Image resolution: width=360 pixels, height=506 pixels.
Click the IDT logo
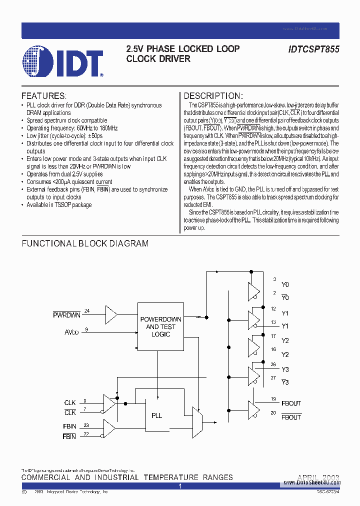click(62, 61)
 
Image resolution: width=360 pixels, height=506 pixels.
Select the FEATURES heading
click(43, 96)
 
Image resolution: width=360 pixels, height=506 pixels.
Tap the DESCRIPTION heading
click(213, 96)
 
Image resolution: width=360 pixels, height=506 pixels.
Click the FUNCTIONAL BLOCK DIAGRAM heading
click(85, 243)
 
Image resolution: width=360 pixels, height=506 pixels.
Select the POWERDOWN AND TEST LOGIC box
click(160, 326)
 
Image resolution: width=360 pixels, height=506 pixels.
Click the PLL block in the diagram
click(156, 415)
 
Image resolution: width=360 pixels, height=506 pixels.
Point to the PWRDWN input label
click(66, 315)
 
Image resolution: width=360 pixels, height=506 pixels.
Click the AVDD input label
click(71, 332)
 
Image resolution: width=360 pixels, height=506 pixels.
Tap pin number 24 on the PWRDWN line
click(86, 311)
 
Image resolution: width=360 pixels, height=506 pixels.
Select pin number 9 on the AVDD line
click(86, 329)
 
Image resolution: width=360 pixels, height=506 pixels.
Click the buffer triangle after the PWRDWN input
click(111, 314)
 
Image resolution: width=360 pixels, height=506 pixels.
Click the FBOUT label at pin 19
click(291, 403)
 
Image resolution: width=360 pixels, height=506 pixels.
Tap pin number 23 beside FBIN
click(86, 425)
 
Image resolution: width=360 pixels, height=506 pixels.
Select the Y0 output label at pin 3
click(285, 284)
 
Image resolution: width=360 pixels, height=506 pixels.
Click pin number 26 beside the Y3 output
click(273, 364)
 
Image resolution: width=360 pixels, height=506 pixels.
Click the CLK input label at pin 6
click(70, 402)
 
